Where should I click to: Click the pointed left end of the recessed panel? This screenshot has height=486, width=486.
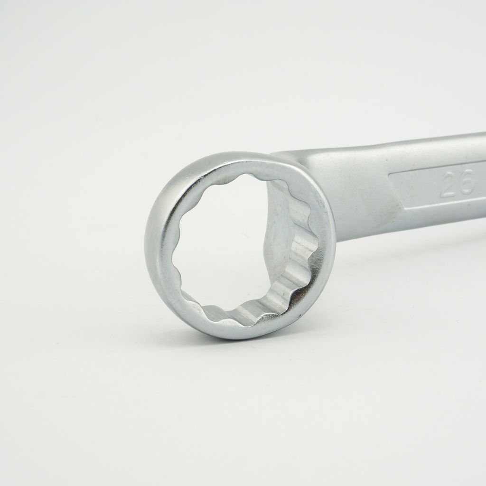point(388,175)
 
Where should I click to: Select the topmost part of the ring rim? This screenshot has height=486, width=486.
point(235,153)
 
